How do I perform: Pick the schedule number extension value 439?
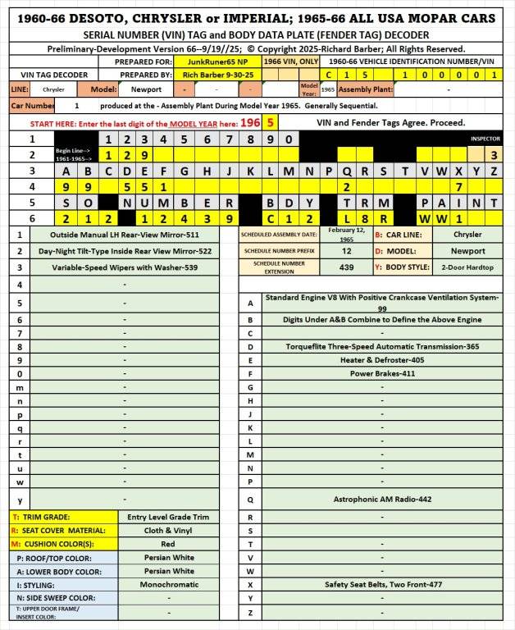coord(346,267)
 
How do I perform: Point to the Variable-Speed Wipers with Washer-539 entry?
coord(124,267)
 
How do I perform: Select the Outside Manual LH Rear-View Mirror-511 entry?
coord(124,235)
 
